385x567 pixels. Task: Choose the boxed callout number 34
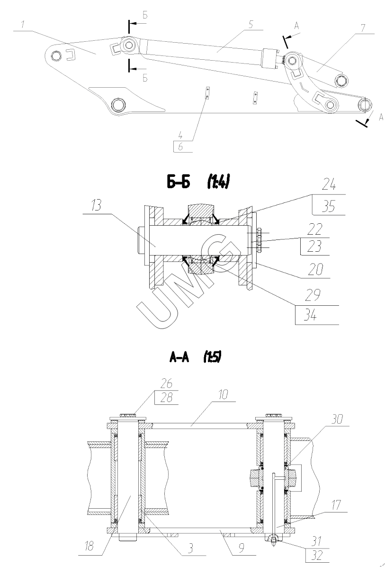coord(310,315)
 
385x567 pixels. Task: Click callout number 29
coord(312,295)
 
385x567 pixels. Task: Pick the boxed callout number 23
coord(314,247)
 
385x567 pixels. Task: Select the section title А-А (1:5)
coord(195,357)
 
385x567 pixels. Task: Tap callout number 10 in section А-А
coord(223,394)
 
